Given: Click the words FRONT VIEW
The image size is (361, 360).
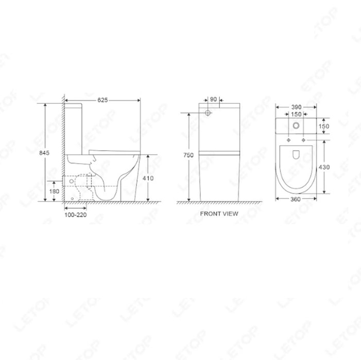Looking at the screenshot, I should tap(219, 214).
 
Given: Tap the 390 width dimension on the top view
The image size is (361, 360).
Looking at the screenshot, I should tap(296, 107).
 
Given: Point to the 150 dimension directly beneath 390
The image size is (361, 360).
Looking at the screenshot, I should tap(296, 115).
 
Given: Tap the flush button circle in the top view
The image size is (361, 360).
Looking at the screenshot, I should tap(296, 127).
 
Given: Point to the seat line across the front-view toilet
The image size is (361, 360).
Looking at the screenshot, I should tap(219, 153).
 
